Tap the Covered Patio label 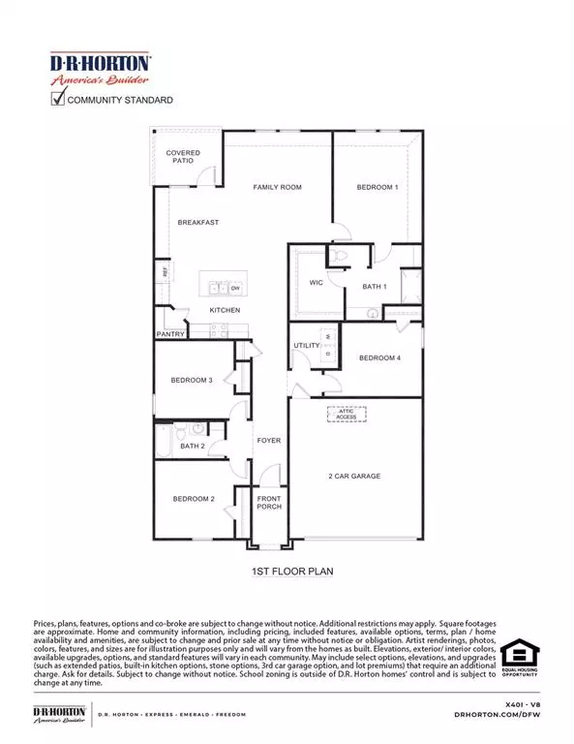tap(183, 157)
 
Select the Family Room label tap(278, 187)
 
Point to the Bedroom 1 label tap(377, 187)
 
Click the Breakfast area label tap(197, 223)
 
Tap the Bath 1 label tap(375, 287)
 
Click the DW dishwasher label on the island tap(234, 288)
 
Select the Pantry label tap(170, 334)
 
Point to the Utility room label tap(307, 345)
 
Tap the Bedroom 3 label tap(192, 380)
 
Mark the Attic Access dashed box tap(347, 414)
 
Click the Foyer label tap(268, 441)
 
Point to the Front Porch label tap(268, 504)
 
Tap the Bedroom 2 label tap(194, 499)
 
